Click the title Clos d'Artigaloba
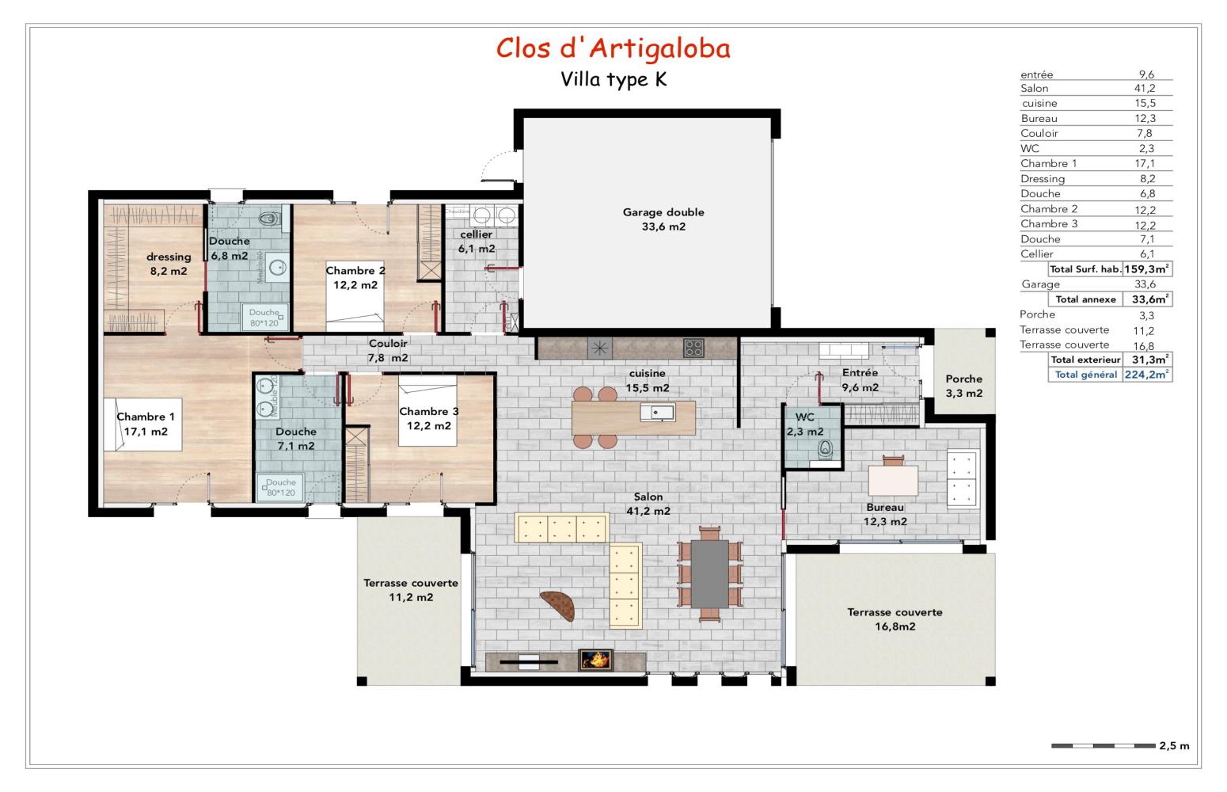click(613, 48)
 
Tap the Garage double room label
click(663, 219)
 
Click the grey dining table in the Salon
click(709, 573)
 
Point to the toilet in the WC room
click(826, 449)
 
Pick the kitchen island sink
click(659, 412)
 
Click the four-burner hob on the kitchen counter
click(693, 347)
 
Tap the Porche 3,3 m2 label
click(963, 386)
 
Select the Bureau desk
click(893, 480)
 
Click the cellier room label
click(477, 242)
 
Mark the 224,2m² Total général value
click(1146, 375)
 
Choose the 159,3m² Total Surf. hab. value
click(1146, 269)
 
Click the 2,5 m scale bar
click(1103, 745)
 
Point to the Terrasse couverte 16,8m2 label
click(895, 619)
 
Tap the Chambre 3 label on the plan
click(428, 418)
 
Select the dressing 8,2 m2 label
click(169, 264)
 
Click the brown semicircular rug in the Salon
click(559, 605)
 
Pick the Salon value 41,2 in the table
click(1145, 89)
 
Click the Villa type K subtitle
click(613, 80)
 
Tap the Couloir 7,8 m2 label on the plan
click(388, 350)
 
